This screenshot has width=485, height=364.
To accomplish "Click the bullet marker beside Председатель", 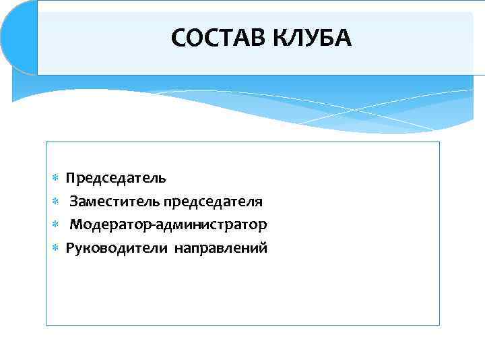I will tap(56, 179).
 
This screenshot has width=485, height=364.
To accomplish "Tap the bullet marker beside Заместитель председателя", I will tap(56, 202).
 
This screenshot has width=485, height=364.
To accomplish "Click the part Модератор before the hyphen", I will tap(106, 224).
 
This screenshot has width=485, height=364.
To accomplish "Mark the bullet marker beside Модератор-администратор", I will tap(56, 224).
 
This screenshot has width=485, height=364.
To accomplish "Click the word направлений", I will tap(221, 248).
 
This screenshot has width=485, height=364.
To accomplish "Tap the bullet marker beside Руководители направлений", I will tap(56, 248).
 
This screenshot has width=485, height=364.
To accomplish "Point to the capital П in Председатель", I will tap(71, 178).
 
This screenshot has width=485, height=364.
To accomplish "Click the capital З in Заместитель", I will tap(73, 201).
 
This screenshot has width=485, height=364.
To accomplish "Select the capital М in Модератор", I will tap(75, 224).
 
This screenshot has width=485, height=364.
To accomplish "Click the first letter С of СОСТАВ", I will tap(179, 38).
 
